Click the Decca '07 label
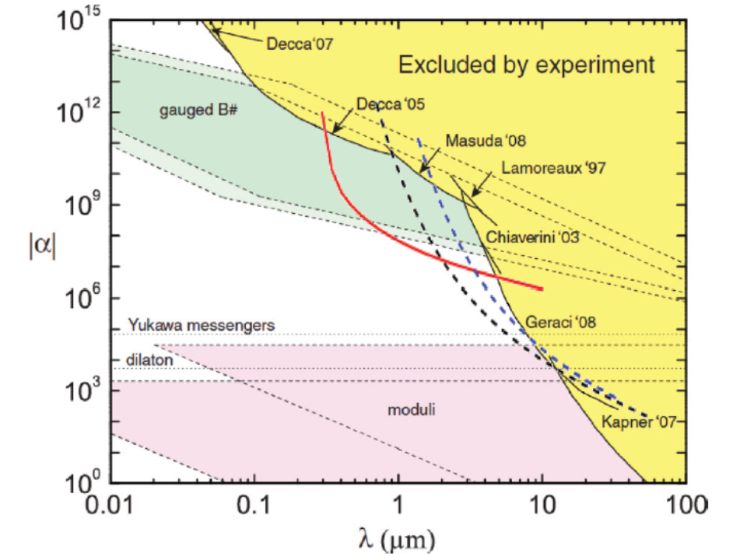click(300, 44)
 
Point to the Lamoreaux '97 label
click(553, 166)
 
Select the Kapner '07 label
click(639, 422)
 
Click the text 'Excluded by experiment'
click(526, 65)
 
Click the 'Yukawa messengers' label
click(201, 326)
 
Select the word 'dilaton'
click(149, 361)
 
